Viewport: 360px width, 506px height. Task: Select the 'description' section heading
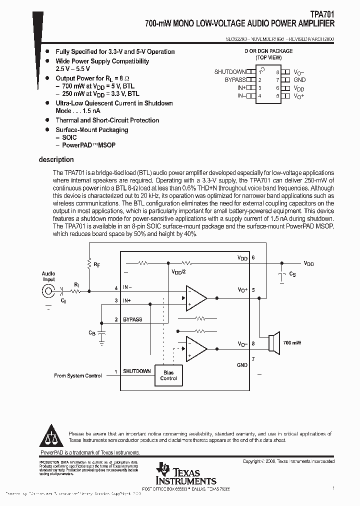pyautogui.click(x=56, y=160)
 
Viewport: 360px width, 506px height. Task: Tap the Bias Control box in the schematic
pyautogui.click(x=168, y=375)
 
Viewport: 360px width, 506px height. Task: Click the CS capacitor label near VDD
pyautogui.click(x=292, y=274)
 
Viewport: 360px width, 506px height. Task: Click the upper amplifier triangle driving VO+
pyautogui.click(x=195, y=298)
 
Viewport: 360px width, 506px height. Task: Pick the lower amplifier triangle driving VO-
pyautogui.click(x=195, y=349)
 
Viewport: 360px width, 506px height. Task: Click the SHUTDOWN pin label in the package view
pyautogui.click(x=230, y=72)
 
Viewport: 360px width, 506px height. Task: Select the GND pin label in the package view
pyautogui.click(x=299, y=79)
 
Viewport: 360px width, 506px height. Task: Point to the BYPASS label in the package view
pyautogui.click(x=235, y=79)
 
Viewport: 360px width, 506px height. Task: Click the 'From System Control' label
pyautogui.click(x=78, y=375)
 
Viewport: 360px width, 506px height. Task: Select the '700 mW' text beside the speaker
pyautogui.click(x=293, y=343)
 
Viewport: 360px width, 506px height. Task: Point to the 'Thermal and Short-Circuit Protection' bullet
pyautogui.click(x=107, y=120)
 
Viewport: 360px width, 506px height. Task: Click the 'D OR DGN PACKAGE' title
pyautogui.click(x=268, y=51)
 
